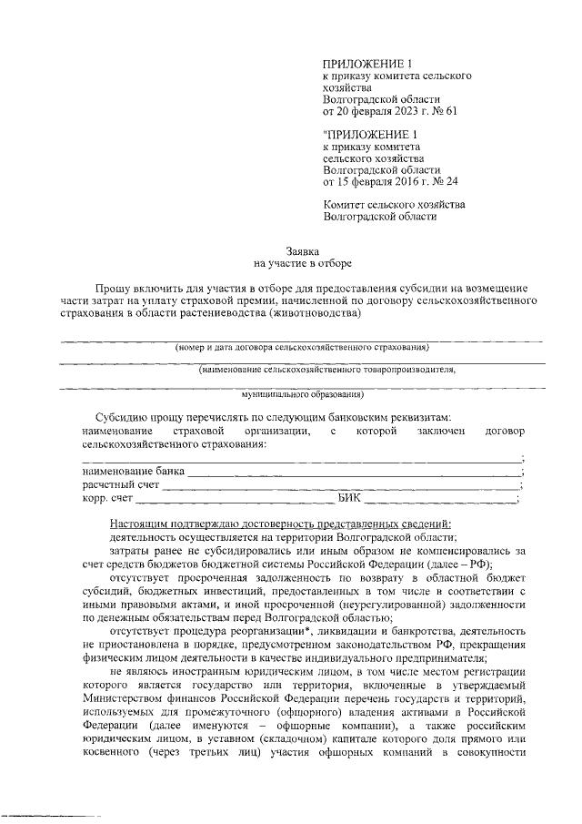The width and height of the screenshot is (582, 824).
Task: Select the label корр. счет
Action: click(108, 499)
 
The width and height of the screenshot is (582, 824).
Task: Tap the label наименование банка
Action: click(133, 472)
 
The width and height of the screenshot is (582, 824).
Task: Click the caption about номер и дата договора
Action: click(302, 348)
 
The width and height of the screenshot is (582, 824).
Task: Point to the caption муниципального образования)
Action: click(302, 395)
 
